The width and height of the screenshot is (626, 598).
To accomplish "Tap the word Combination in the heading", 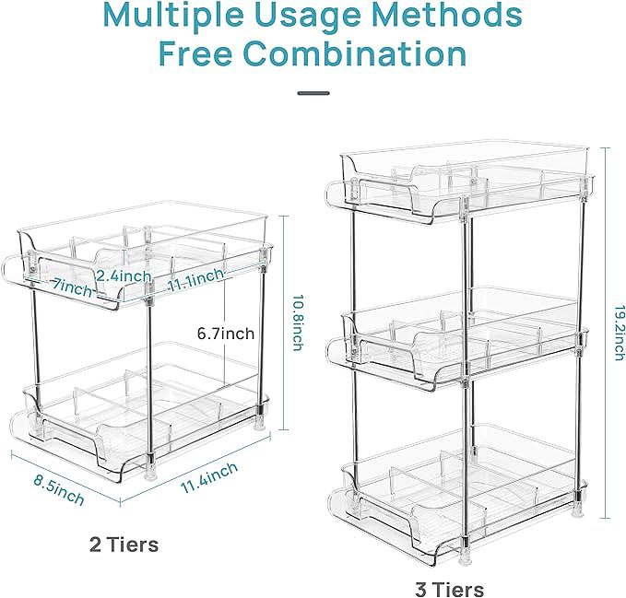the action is (355, 53).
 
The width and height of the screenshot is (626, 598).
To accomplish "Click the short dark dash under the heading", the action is (313, 93).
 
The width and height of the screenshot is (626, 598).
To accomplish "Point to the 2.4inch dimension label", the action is (124, 276).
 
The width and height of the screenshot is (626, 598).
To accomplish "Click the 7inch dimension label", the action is (73, 288).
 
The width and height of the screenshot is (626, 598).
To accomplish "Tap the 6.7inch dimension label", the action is (226, 334).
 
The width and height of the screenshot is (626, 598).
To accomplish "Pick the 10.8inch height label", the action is (298, 322).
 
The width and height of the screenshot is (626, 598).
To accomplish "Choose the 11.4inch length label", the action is (209, 477).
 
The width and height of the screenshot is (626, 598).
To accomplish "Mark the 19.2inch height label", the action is (620, 334).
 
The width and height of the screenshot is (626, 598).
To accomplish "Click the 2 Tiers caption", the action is (124, 545).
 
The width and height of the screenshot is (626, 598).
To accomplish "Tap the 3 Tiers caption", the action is (450, 590).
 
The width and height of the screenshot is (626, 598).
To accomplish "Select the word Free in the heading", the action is (195, 53).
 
